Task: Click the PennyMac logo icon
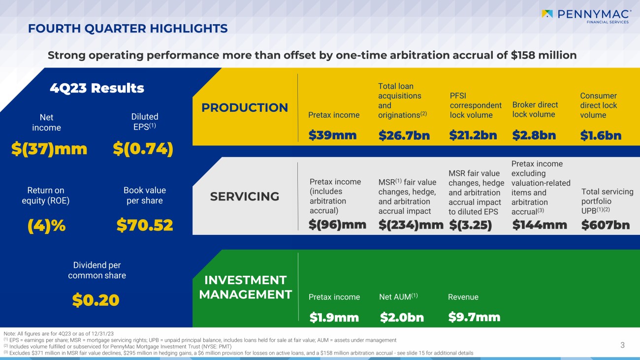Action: pos(547,14)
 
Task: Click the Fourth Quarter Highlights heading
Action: pos(128,29)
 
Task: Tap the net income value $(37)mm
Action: pos(49,149)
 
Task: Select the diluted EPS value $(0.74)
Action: pos(143,149)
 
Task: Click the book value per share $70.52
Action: pos(145,225)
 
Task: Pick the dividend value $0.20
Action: pos(96,300)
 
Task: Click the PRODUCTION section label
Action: pos(245,107)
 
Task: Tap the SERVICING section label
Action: pos(245,196)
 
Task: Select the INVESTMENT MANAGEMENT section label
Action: pos(245,287)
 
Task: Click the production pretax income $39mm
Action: pos(332,135)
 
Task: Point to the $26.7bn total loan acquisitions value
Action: pos(404,135)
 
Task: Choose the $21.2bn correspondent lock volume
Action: pos(473,135)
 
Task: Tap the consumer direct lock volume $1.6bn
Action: pos(601,135)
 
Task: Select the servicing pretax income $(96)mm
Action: pos(337,225)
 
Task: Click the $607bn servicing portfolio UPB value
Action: pos(606,225)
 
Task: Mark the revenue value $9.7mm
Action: pos(474,317)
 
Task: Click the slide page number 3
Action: pos(622,345)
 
